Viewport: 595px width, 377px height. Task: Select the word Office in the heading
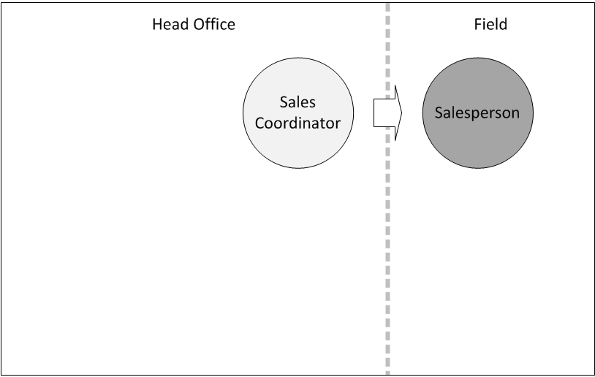tap(214, 24)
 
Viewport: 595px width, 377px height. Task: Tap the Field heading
tap(490, 24)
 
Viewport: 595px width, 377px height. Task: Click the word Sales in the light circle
tap(297, 102)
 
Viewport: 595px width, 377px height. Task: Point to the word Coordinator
tap(297, 123)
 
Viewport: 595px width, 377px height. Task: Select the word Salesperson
tap(477, 113)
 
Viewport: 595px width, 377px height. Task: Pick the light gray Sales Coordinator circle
tap(298, 113)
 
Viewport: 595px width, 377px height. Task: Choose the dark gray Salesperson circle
tap(478, 113)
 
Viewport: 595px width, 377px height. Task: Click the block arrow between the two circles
tap(388, 113)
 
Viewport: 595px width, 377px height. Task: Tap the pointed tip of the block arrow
tap(402, 113)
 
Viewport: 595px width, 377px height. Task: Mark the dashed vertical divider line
tap(388, 188)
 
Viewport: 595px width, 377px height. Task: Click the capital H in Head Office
tap(157, 24)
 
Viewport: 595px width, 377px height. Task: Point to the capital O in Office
tap(200, 24)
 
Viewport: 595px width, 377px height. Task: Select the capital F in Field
tap(478, 24)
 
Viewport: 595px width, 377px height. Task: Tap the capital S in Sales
tap(284, 102)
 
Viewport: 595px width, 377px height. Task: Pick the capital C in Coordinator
tap(259, 123)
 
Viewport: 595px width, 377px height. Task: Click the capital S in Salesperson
tap(439, 113)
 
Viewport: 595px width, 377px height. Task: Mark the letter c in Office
tap(221, 26)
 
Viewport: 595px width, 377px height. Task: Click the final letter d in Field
tap(503, 24)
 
